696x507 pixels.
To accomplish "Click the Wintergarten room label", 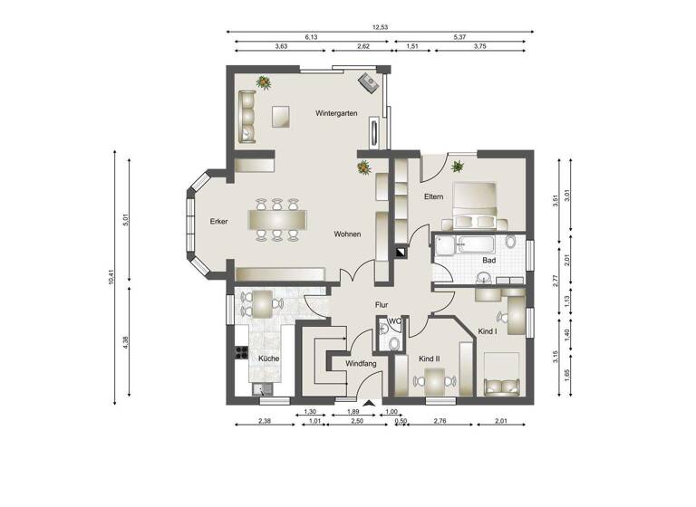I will click(x=335, y=114).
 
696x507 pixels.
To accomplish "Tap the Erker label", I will click(x=217, y=222).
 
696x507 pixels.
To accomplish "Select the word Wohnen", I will click(x=346, y=234).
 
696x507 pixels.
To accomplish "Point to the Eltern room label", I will click(x=433, y=196).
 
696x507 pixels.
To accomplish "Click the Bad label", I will click(x=488, y=261).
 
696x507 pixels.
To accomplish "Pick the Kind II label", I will click(x=429, y=359).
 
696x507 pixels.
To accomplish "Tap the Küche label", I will click(x=268, y=359).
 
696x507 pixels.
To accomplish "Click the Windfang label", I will click(x=361, y=363).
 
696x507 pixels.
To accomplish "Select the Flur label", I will click(x=382, y=305).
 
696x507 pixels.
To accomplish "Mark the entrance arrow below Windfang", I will click(x=368, y=405).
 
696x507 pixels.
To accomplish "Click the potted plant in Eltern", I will click(x=458, y=166).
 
